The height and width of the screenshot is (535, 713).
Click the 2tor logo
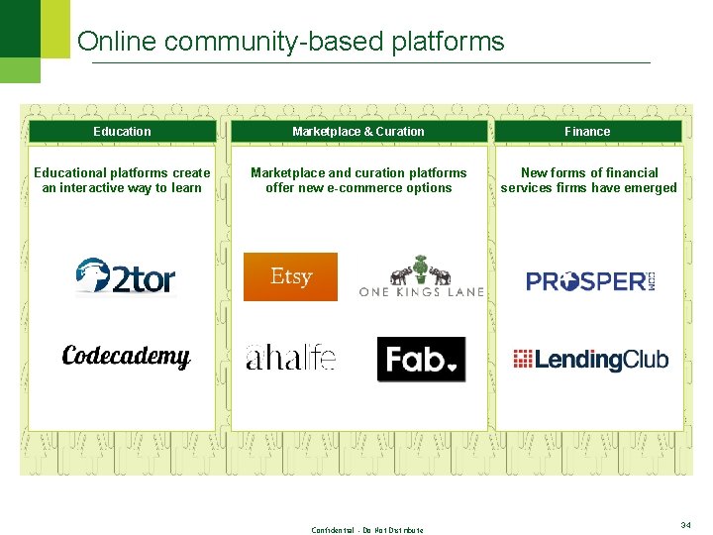click(x=126, y=277)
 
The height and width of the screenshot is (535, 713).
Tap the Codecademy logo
click(x=126, y=357)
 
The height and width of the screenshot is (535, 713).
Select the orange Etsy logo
click(x=290, y=276)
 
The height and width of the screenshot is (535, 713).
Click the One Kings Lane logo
click(x=421, y=277)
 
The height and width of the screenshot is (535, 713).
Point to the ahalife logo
click(x=291, y=358)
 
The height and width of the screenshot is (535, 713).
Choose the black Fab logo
click(x=421, y=359)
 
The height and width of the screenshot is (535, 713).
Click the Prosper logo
click(x=591, y=281)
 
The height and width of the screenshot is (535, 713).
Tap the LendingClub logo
click(x=591, y=359)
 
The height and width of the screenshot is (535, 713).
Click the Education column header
click(x=122, y=131)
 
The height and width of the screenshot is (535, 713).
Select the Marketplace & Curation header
click(x=357, y=131)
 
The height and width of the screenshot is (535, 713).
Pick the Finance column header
click(x=587, y=131)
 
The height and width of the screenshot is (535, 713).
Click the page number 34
click(x=686, y=525)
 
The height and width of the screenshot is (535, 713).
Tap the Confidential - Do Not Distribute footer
click(x=367, y=530)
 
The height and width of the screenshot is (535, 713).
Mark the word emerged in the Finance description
click(x=651, y=188)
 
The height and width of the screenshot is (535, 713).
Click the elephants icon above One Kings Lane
click(x=420, y=269)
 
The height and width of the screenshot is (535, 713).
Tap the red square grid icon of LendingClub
click(x=523, y=359)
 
